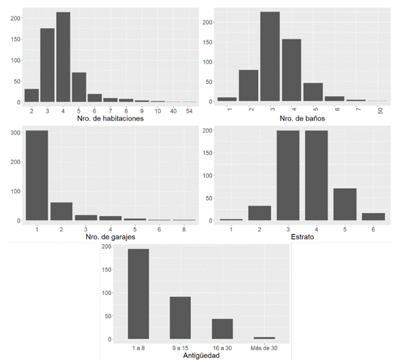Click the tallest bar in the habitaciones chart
[63, 57]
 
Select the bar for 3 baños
[270, 57]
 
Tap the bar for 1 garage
[36, 175]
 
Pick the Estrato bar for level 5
[345, 204]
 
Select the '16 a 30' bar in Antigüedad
[222, 329]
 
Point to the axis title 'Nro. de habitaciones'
[111, 119]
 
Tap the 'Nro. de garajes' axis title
[111, 236]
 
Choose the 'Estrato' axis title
[302, 236]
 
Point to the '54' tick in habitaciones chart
[189, 110]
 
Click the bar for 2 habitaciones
[31, 95]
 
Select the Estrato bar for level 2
[259, 213]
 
